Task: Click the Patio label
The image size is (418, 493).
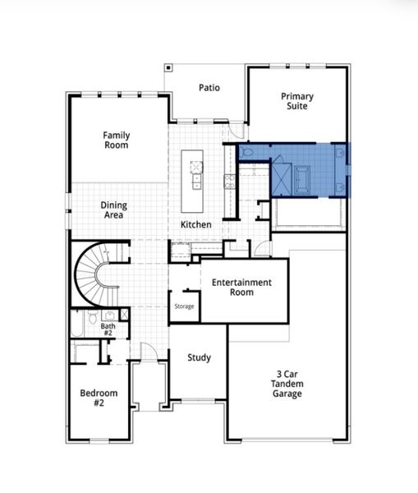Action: tap(209, 87)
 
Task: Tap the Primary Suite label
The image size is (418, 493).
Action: tap(297, 101)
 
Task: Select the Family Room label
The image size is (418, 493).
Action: tap(117, 140)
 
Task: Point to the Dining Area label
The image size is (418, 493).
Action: tap(113, 210)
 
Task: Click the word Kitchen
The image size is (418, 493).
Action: tap(196, 224)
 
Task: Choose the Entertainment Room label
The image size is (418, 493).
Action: tap(241, 288)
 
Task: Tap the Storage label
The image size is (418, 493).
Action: tap(184, 306)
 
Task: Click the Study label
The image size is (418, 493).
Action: tap(199, 357)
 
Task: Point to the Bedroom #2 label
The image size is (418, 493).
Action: tap(98, 399)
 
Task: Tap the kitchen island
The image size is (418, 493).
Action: tap(196, 170)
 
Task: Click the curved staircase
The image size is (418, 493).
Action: tap(96, 275)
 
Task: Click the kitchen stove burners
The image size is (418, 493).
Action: tap(227, 181)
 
